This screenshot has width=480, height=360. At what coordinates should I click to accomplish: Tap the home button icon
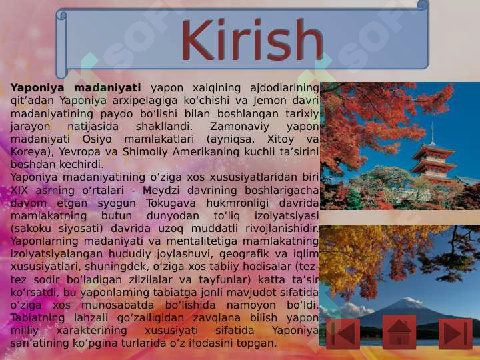pyautogui.click(x=399, y=333)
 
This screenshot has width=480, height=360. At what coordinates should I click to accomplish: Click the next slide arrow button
pyautogui.click(x=455, y=333)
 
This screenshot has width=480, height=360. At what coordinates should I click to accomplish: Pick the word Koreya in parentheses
pyautogui.click(x=27, y=151)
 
